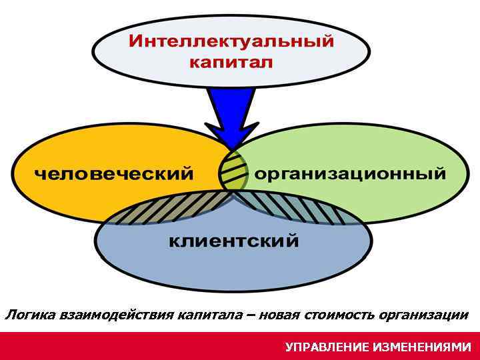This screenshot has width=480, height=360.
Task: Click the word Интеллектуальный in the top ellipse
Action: [231, 41]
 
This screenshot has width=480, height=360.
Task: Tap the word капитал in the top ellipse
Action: [231, 63]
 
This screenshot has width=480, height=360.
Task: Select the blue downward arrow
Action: [231, 109]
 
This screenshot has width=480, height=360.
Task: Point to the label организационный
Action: [351, 175]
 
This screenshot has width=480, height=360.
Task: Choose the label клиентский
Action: [233, 241]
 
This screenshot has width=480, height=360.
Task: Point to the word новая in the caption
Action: [281, 314]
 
